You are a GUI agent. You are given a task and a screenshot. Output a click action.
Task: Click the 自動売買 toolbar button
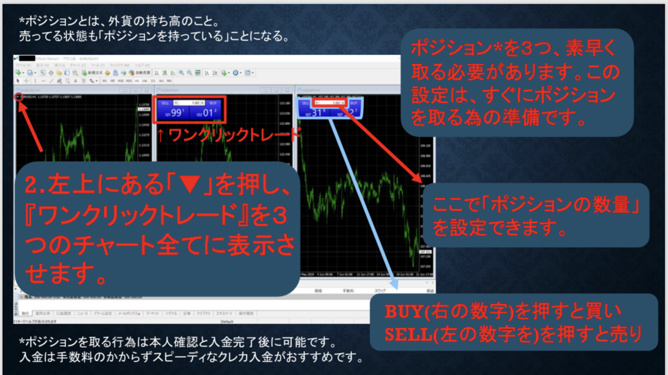(x=137, y=73)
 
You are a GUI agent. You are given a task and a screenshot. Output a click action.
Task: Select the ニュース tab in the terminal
(x=82, y=314)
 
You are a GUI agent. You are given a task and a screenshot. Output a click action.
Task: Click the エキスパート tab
(x=224, y=314)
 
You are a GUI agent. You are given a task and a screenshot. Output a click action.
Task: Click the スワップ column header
(x=380, y=291)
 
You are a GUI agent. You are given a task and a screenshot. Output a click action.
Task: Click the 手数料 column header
(x=349, y=291)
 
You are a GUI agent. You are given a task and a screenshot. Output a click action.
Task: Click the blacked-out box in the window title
(x=26, y=57)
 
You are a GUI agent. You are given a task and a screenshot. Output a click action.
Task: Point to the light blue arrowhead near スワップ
(x=395, y=283)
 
